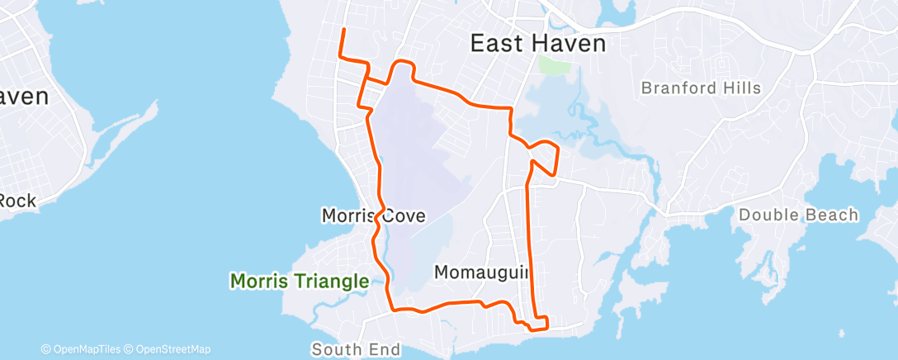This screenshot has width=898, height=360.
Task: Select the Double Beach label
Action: (798, 216)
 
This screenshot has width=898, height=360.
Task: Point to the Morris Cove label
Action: (373, 216)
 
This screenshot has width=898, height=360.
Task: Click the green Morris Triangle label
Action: (299, 282)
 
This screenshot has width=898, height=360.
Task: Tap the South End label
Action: (356, 350)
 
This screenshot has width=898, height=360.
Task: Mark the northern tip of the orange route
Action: (343, 30)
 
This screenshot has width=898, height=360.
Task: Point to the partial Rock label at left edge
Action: (17, 201)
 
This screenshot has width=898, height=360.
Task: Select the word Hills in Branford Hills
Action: (740, 88)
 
